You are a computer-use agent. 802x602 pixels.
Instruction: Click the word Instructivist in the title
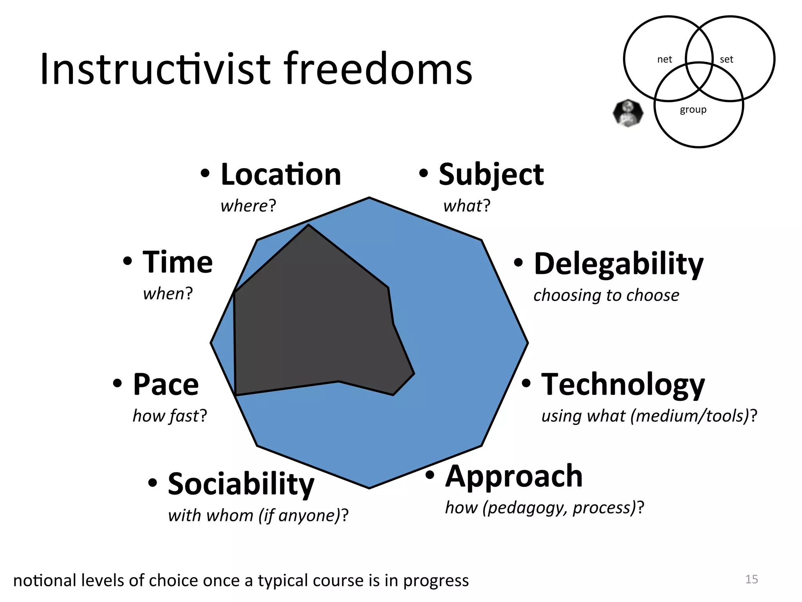coord(155,69)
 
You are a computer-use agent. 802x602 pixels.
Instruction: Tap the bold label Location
coord(281,174)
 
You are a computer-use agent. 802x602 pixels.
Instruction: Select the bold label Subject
coord(491,174)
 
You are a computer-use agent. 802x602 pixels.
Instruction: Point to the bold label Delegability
coord(619,264)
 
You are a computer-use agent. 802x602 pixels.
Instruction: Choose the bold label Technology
coord(623,385)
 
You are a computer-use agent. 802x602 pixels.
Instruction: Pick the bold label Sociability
coord(241,484)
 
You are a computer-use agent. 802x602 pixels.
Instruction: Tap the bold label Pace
coord(166,384)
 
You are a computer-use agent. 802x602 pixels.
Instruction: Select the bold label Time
coord(177,262)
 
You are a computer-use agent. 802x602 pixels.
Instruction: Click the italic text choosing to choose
coord(606,295)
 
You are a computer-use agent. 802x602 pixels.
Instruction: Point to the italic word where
coord(244,206)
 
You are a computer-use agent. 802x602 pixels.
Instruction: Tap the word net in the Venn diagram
coord(665,60)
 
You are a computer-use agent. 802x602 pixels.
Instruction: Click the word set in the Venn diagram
coord(726,60)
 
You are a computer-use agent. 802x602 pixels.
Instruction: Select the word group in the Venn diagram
coord(693,110)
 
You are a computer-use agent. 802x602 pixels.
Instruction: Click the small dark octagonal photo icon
coord(628,113)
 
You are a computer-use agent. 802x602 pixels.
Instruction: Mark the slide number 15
coord(751,579)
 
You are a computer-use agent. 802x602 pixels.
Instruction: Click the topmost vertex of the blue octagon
coord(369,198)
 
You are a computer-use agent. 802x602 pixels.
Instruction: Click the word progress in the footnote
coord(436,581)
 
